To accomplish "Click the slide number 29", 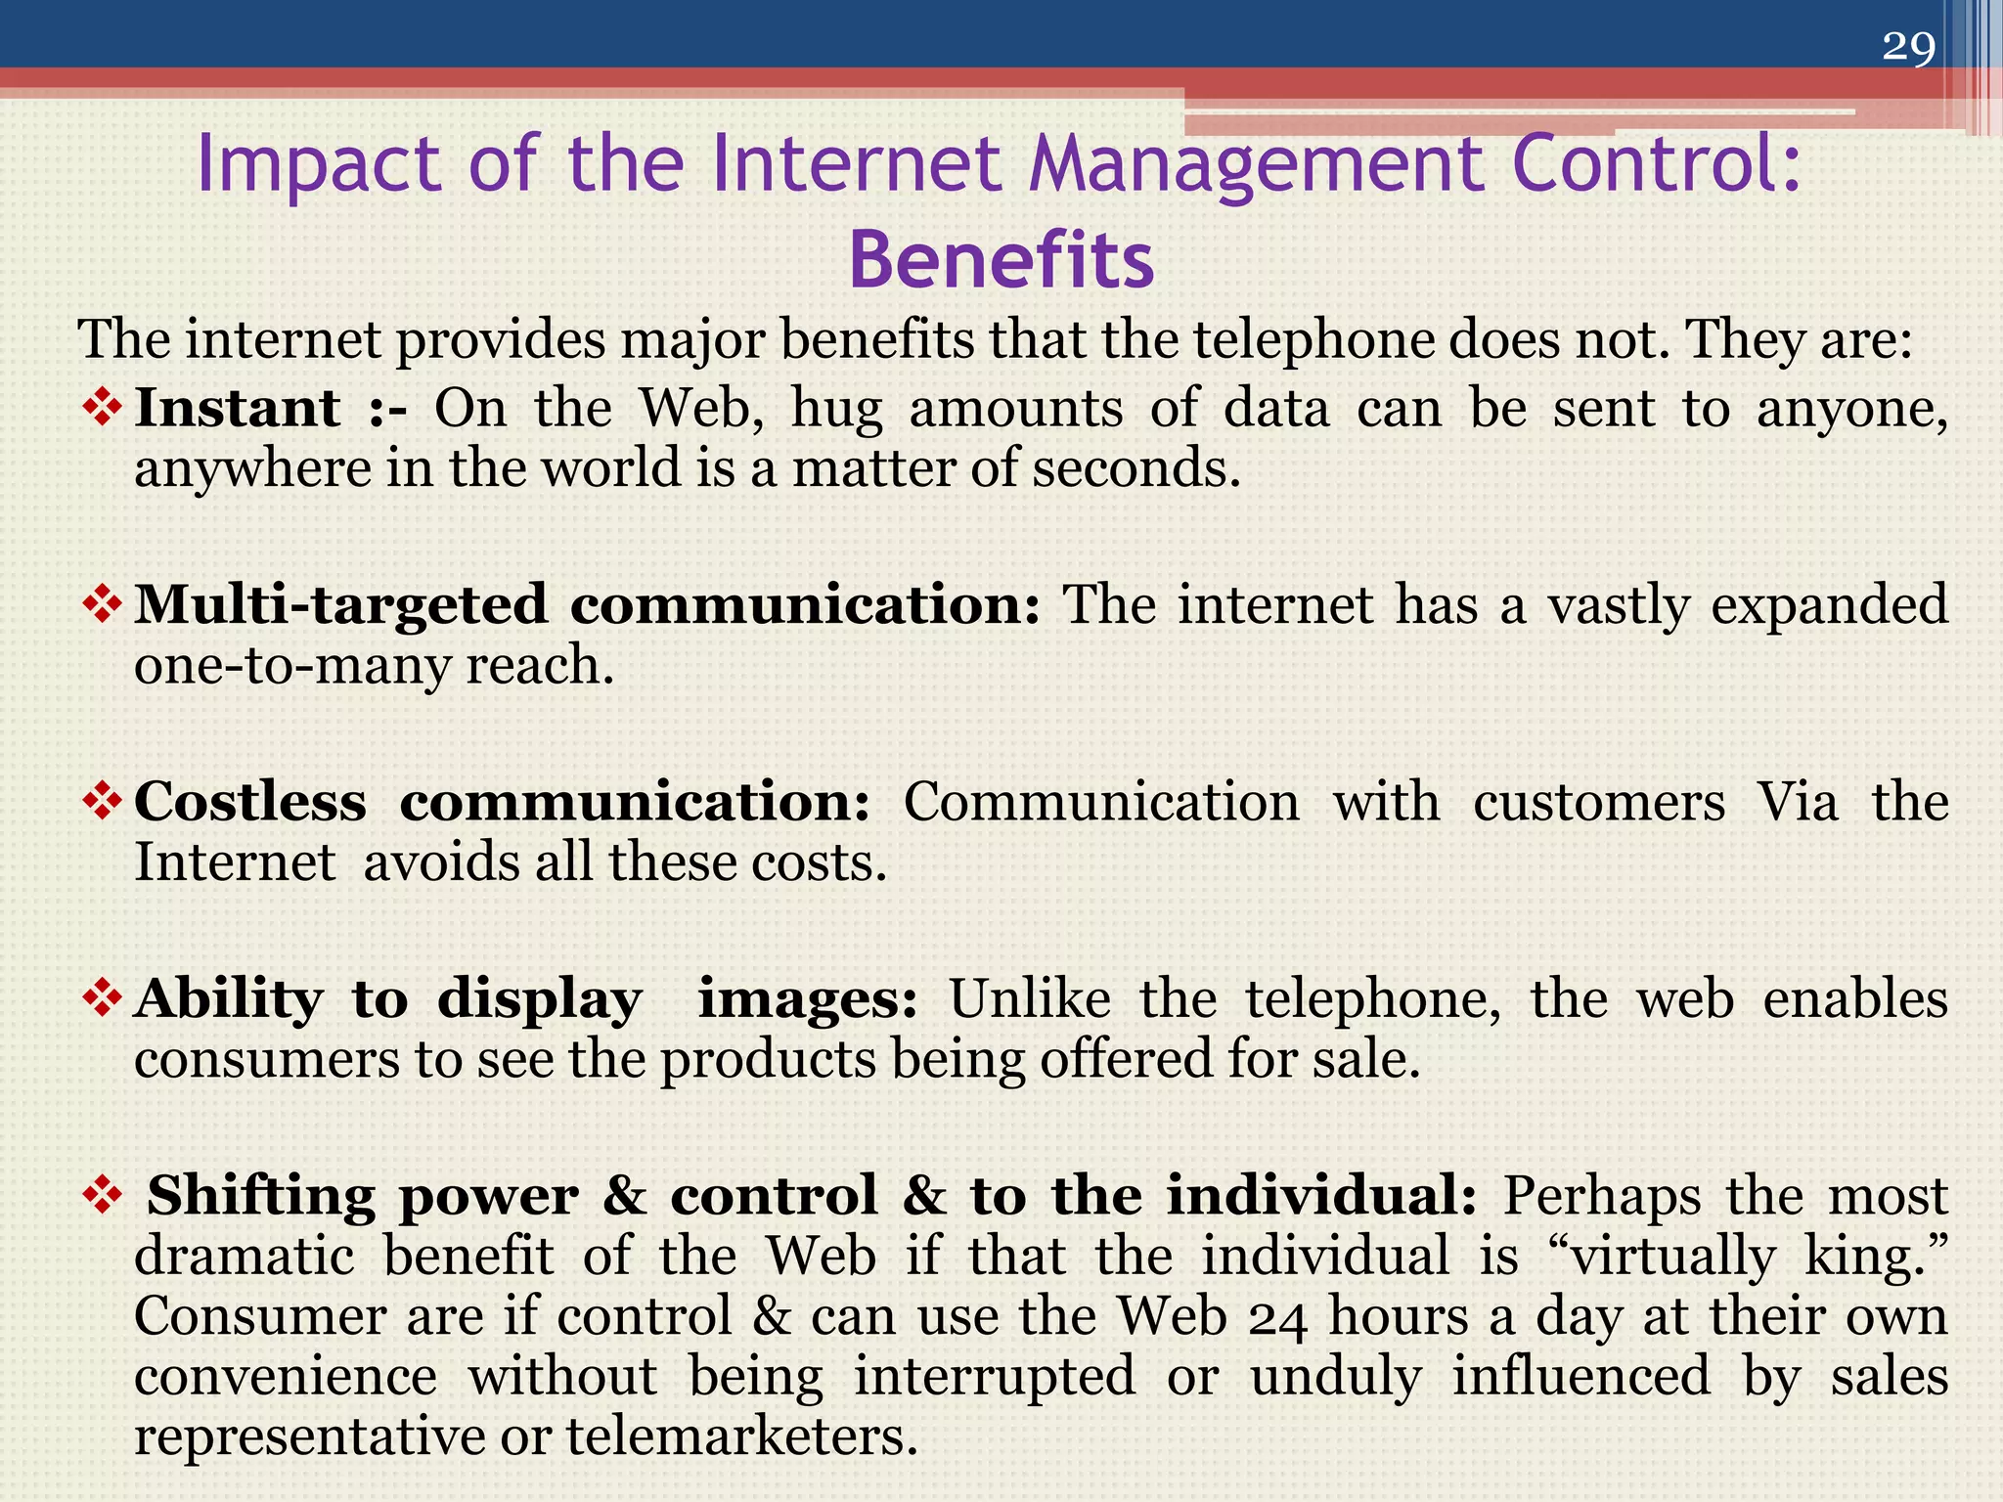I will point(1908,46).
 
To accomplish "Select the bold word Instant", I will point(238,408).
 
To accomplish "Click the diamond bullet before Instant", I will point(103,408).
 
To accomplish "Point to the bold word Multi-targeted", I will point(340,605).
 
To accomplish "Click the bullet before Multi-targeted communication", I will point(103,605).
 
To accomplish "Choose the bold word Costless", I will point(250,802).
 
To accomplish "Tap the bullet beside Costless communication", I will point(103,802).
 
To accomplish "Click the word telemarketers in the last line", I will point(742,1437).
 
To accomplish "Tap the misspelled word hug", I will point(836,410).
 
